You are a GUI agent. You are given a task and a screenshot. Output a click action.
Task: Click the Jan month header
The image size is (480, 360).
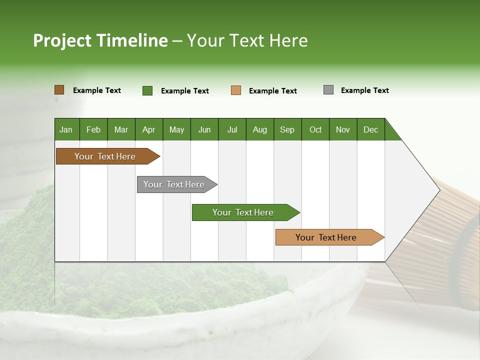point(66,129)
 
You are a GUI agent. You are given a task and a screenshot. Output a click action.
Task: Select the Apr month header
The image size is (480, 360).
point(148,129)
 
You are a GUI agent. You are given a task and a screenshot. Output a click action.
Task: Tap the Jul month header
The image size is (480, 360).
point(232,129)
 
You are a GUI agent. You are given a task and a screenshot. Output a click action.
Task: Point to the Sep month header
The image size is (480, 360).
point(287,129)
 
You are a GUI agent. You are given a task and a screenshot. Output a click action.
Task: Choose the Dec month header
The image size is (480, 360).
point(370,129)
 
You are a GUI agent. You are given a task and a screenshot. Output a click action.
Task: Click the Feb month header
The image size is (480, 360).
point(93,129)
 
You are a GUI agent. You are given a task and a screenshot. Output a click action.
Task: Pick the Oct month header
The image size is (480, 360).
point(315,129)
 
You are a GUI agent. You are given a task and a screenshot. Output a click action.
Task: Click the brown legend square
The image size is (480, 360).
point(59,90)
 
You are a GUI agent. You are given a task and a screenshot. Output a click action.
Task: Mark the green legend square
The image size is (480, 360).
point(147,90)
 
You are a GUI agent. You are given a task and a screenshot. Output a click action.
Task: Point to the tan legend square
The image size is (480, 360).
point(236,90)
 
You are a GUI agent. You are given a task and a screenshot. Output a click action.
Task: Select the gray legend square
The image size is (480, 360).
point(328,90)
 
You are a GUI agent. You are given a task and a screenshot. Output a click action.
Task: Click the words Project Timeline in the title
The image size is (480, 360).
point(100,40)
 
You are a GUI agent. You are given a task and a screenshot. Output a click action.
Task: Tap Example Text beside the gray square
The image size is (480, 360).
point(364,90)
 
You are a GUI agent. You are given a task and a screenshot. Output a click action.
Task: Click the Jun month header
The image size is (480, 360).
point(204,129)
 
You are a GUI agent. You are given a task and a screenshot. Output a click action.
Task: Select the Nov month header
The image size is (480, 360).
point(343,129)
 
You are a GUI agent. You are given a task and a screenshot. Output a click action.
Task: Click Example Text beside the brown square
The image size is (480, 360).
point(97,90)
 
